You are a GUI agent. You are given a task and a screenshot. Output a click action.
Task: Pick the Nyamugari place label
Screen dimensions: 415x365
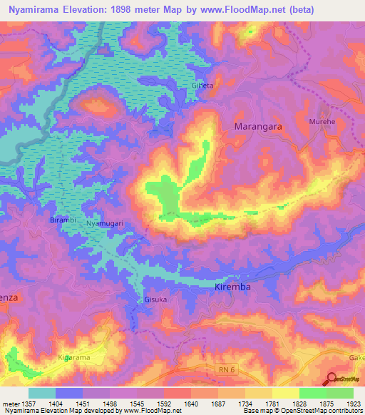tap(105, 223)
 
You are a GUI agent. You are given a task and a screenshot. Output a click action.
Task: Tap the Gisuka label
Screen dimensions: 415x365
tap(155, 300)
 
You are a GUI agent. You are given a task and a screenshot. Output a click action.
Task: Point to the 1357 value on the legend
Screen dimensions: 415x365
tap(29, 404)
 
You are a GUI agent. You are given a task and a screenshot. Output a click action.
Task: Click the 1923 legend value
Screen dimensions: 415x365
tap(354, 404)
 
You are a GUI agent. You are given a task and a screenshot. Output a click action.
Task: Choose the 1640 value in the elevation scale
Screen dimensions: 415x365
tap(191, 404)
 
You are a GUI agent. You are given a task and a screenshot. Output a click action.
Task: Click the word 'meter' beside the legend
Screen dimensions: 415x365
tap(10, 404)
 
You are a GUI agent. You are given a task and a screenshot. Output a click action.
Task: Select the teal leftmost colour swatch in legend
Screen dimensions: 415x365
tap(42, 393)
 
